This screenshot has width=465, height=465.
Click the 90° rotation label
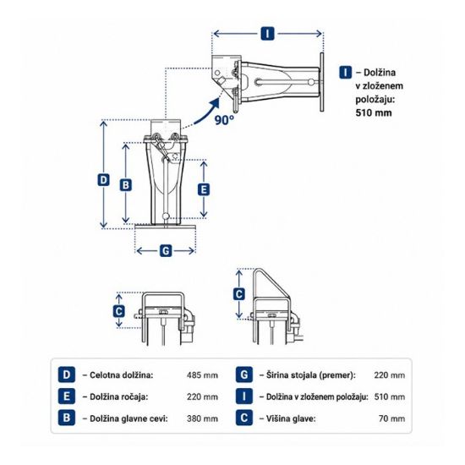click(224, 120)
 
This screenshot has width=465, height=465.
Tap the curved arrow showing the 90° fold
click(209, 112)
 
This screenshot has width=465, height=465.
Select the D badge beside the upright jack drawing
click(103, 180)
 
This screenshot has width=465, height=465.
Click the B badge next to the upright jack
click(126, 185)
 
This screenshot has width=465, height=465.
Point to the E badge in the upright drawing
click(204, 189)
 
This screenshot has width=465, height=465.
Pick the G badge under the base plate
click(166, 251)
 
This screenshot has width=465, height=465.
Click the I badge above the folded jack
click(267, 34)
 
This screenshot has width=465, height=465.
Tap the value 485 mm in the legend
click(202, 375)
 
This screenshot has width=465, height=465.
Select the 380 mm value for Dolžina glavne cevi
click(202, 418)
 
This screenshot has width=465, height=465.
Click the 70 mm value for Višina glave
click(391, 418)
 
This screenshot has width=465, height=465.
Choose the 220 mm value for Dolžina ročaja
click(202, 397)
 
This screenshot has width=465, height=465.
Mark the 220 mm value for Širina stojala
click(390, 375)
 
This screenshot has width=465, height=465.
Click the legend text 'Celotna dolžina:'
click(121, 375)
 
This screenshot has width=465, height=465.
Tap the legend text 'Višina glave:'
click(291, 418)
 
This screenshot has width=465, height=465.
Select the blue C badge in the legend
click(244, 418)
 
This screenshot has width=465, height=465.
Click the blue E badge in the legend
click(67, 397)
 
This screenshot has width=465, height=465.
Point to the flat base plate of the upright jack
click(165, 227)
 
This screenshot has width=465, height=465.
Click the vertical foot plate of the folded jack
click(322, 82)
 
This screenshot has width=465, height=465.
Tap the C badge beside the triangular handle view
click(239, 294)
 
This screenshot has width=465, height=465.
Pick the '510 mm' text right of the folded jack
click(374, 112)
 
